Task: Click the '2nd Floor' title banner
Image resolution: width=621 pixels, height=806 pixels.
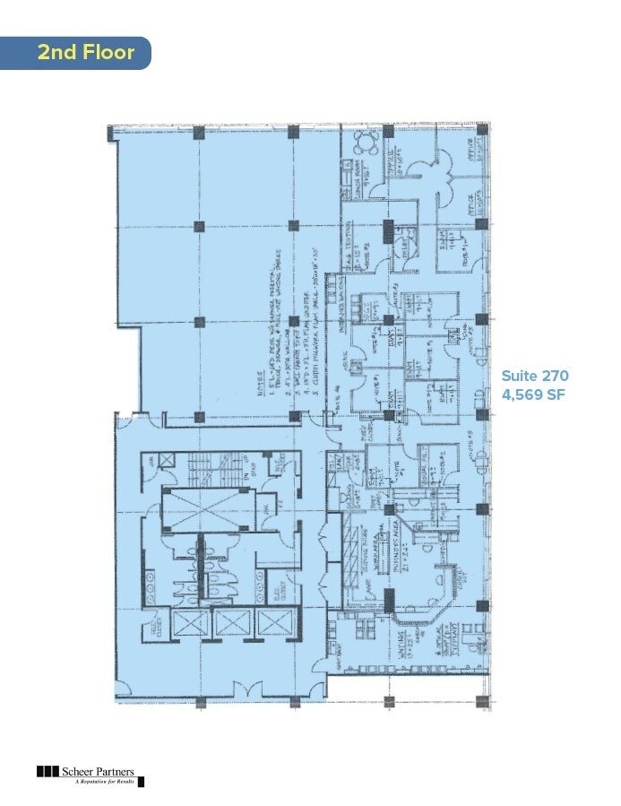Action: pyautogui.click(x=85, y=52)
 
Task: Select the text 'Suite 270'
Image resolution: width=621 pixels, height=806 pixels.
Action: pyautogui.click(x=535, y=375)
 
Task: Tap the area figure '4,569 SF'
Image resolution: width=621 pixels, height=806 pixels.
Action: pyautogui.click(x=535, y=394)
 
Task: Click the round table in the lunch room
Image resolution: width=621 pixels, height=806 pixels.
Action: pyautogui.click(x=364, y=142)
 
